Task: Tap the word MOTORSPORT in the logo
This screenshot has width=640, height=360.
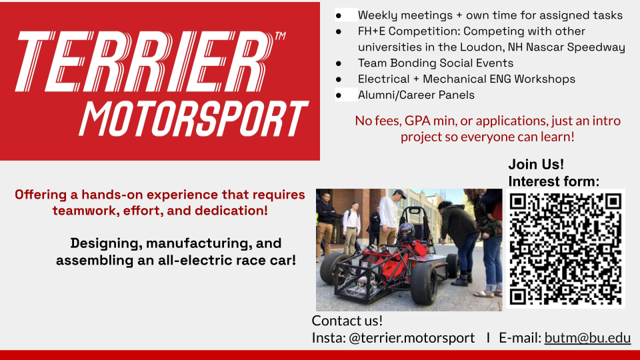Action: (194, 119)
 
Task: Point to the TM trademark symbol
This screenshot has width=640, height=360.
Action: (280, 36)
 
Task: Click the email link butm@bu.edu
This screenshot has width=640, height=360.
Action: (587, 338)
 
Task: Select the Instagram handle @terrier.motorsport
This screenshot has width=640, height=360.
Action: (411, 338)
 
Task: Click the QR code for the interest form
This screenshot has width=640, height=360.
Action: (566, 249)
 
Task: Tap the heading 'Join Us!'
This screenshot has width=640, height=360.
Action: (536, 164)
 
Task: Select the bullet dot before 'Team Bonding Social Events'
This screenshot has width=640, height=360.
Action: (339, 63)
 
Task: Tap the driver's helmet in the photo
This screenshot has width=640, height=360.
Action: (406, 232)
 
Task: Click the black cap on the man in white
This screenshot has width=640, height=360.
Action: (399, 193)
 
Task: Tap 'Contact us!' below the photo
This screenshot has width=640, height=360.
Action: (347, 321)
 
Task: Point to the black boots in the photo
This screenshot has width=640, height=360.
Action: (461, 280)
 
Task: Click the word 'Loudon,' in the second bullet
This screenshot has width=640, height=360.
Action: (482, 47)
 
